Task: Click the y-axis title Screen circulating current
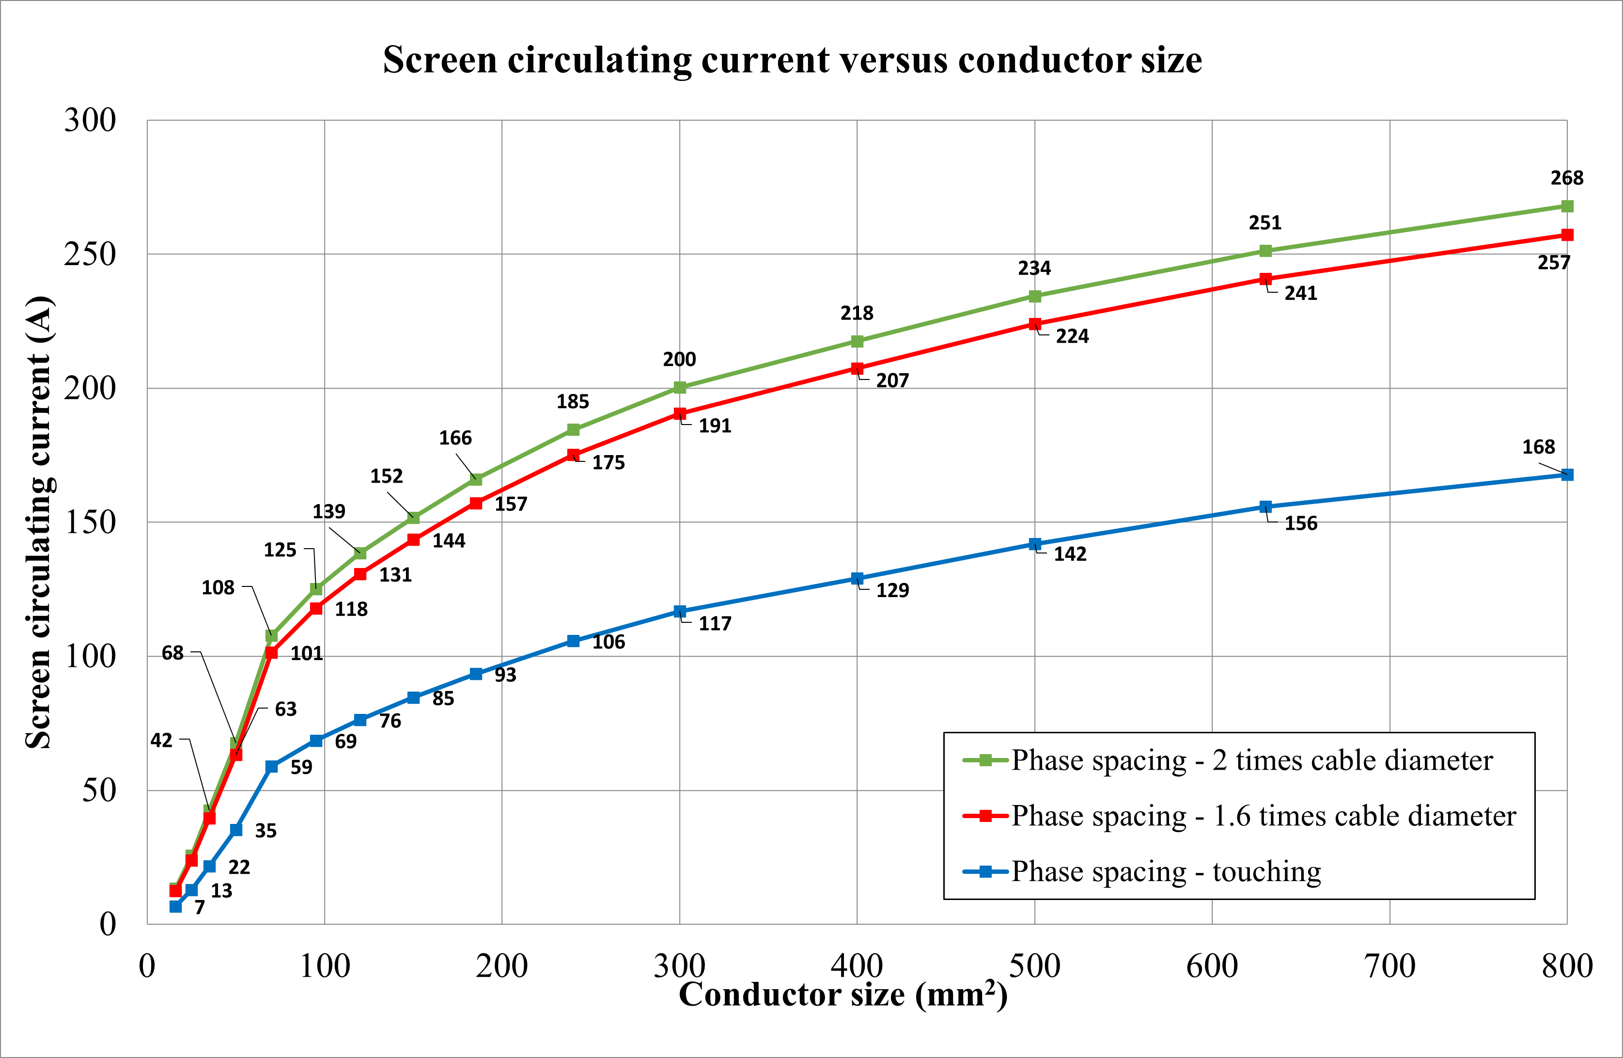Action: (x=39, y=522)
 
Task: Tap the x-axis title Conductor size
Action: (x=843, y=995)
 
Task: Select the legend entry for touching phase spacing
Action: (x=1166, y=872)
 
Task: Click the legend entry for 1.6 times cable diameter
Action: (x=1263, y=816)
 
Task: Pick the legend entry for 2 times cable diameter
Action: (x=1251, y=760)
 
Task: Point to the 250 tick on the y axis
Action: (x=90, y=254)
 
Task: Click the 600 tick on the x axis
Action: (x=1212, y=966)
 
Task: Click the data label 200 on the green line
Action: (x=679, y=360)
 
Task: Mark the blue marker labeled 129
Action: (x=857, y=579)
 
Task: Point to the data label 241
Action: (x=1300, y=293)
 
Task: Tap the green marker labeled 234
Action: (x=1034, y=296)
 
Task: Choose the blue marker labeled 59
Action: (x=271, y=767)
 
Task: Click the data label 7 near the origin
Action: (x=199, y=907)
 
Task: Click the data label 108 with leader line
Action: (x=218, y=587)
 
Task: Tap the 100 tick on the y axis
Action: (x=90, y=656)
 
